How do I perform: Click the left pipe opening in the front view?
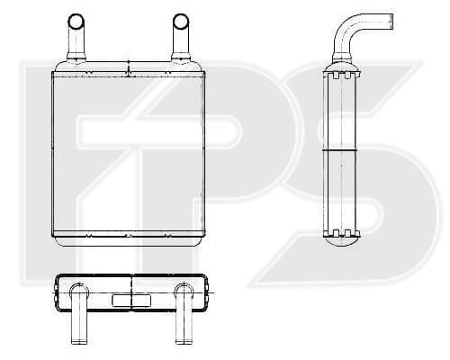click(x=76, y=22)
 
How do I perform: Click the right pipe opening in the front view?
click(x=181, y=22)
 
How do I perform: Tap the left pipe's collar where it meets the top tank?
click(x=76, y=57)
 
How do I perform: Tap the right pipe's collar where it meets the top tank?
click(x=181, y=57)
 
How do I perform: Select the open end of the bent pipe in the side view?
click(x=390, y=22)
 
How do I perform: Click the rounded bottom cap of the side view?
click(x=342, y=241)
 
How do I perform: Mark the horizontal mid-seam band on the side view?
click(x=340, y=149)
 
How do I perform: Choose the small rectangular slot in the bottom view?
click(x=131, y=301)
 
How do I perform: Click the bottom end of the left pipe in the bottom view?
click(x=78, y=341)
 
